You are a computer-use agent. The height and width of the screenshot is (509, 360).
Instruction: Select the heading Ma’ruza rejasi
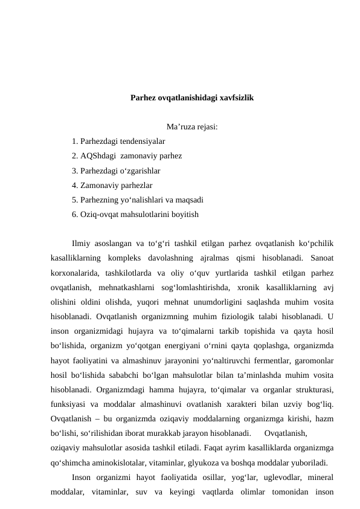click(x=192, y=127)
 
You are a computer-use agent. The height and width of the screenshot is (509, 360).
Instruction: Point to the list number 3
click(x=74, y=170)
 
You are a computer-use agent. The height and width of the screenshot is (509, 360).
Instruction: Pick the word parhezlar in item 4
click(x=135, y=185)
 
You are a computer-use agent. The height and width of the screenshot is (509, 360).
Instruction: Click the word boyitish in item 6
click(x=184, y=214)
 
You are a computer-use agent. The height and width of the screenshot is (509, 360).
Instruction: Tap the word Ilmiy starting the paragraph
click(x=82, y=244)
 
